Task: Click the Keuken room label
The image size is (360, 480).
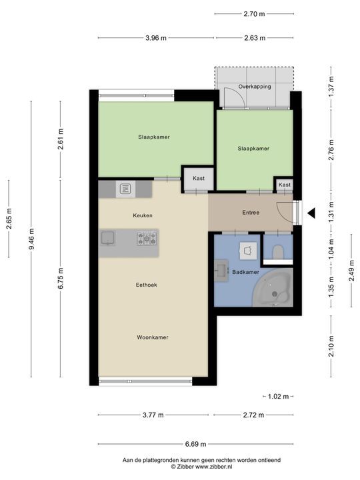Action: pos(143,215)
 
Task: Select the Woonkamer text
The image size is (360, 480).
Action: pos(153,337)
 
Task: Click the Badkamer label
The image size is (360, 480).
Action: pos(245,272)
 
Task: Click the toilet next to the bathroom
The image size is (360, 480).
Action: pos(279,251)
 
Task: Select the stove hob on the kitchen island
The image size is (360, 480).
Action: pos(147,237)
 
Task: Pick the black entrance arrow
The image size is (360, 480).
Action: pos(310,213)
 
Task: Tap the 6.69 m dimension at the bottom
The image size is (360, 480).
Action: pos(195,445)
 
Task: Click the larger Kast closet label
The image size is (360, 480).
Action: pos(199,179)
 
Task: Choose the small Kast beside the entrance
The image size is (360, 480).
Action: pos(285,185)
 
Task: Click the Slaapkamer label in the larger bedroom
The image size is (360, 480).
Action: pos(153,137)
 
